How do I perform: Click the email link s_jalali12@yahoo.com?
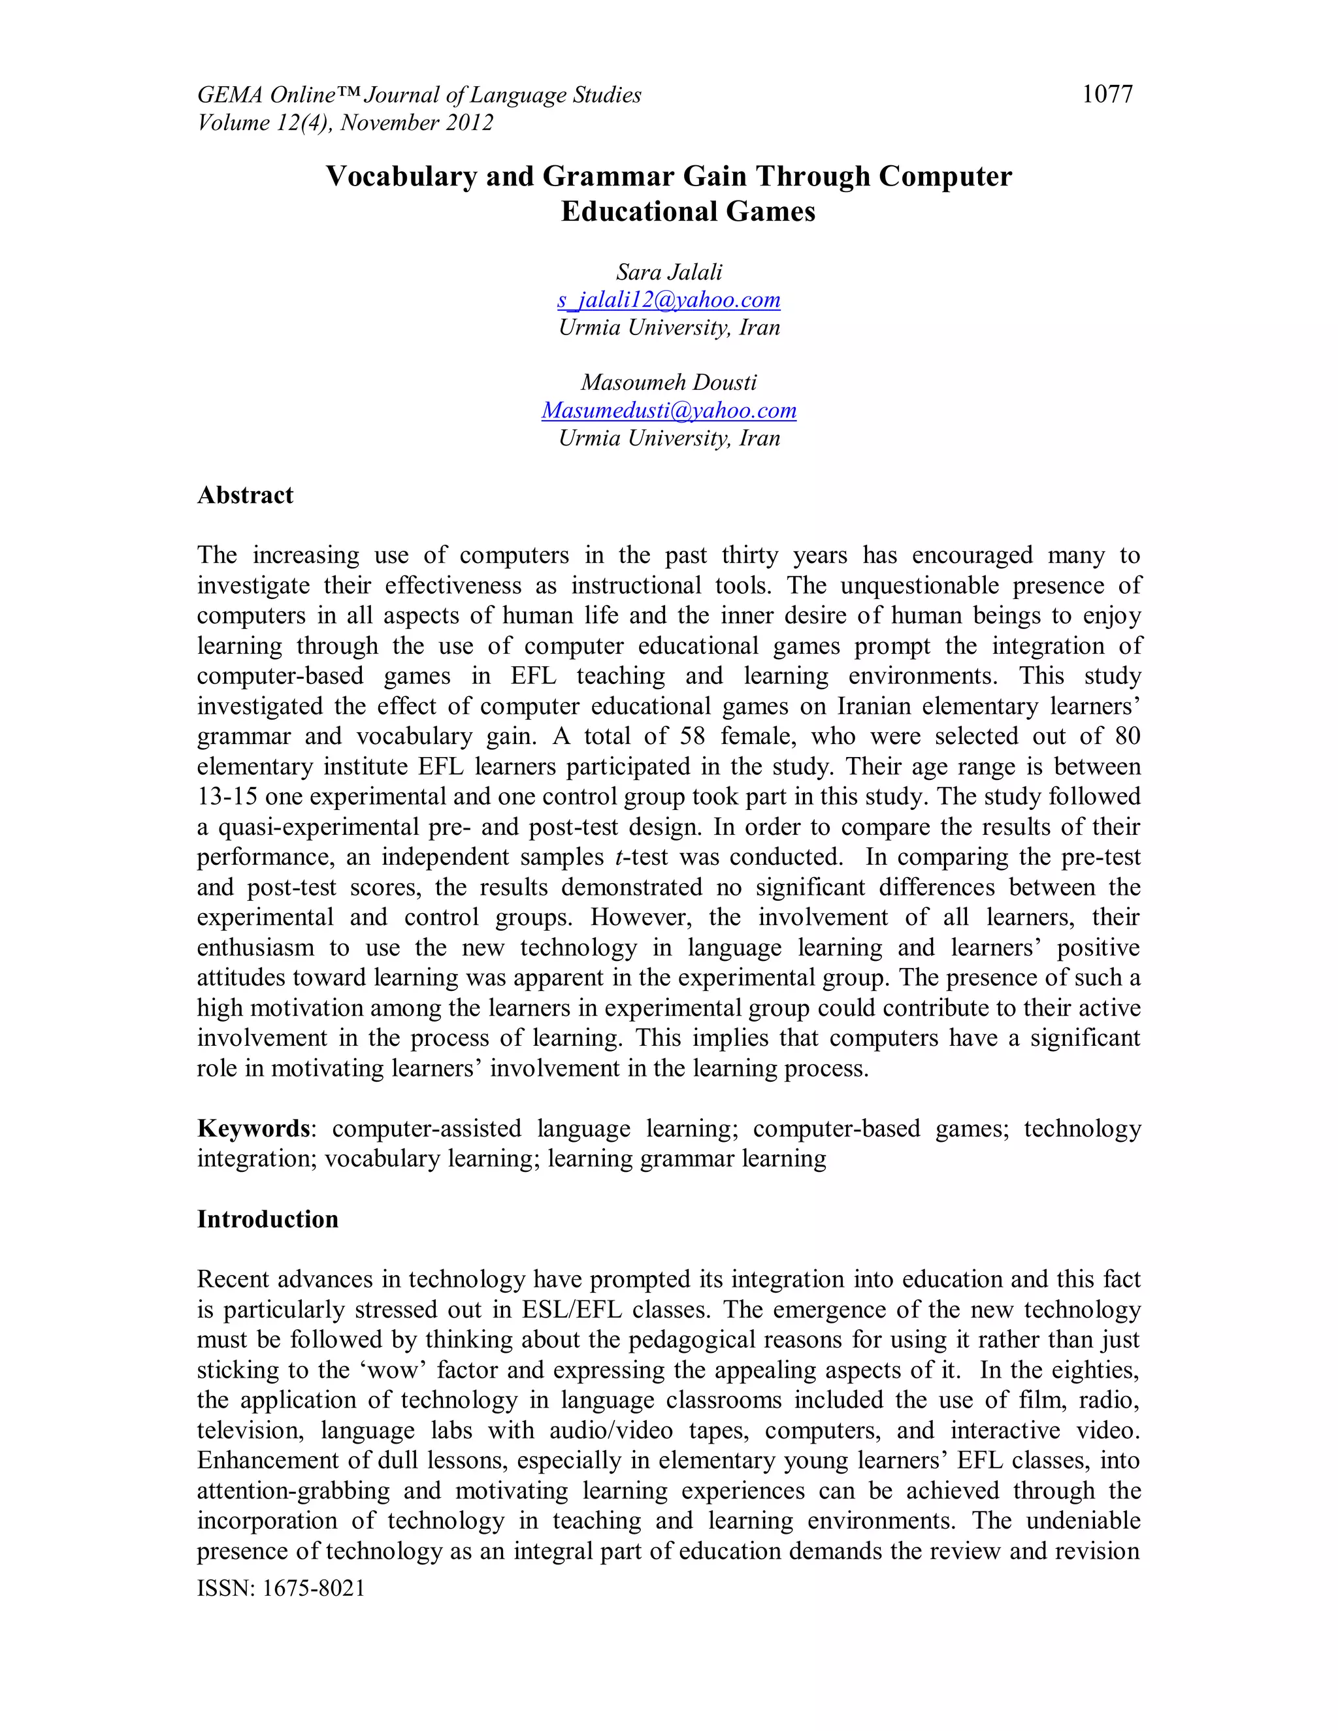(668, 300)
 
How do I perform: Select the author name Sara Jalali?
(668, 272)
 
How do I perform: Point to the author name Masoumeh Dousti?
(668, 382)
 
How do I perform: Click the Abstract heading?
(245, 495)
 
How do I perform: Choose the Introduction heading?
(267, 1218)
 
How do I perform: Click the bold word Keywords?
(253, 1128)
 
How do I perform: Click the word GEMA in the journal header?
(230, 95)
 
